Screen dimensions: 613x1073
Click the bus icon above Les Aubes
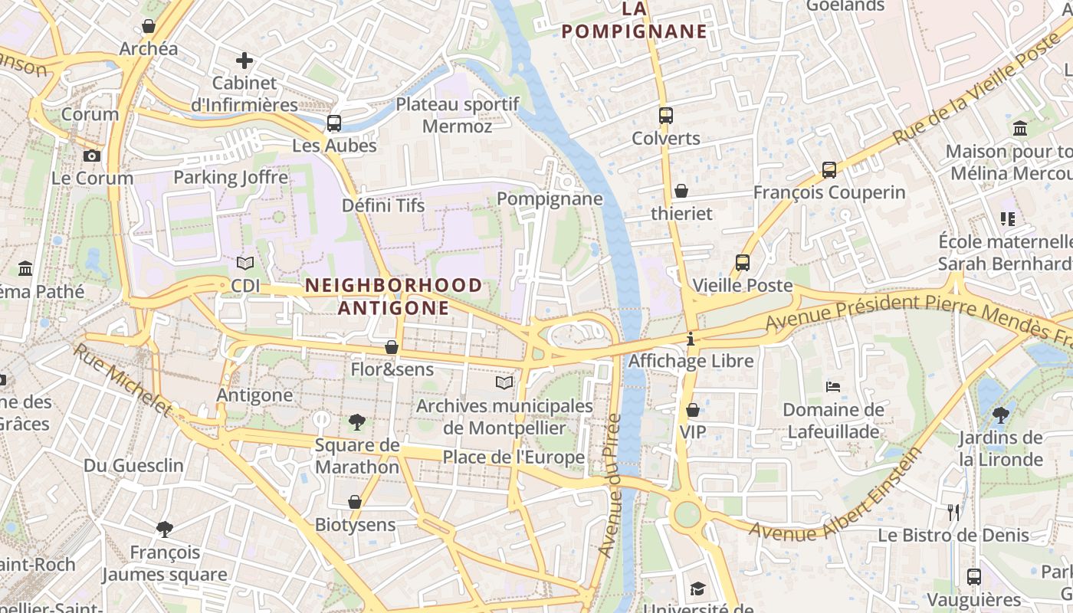pos(334,123)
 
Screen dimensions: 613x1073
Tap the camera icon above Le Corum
pos(92,156)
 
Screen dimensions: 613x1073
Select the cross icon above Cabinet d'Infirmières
pos(244,60)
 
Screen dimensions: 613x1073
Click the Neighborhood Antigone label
pos(394,297)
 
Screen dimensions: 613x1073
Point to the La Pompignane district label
pos(634,20)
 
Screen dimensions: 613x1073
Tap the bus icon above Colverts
pos(665,116)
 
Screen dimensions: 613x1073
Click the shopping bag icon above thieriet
pos(681,191)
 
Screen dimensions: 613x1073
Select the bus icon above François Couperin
pos(829,169)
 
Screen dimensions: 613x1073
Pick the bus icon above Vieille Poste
pos(742,263)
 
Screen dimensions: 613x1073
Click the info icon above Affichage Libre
pos(691,338)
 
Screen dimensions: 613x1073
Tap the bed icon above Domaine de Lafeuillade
pos(833,387)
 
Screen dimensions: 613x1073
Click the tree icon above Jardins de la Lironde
pos(1000,415)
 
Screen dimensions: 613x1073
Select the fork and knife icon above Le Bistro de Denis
pos(953,512)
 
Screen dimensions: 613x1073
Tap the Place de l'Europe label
pos(514,457)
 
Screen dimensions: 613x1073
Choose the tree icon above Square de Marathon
pos(356,421)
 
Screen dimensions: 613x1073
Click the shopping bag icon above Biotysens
pos(355,502)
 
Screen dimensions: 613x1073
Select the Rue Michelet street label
pos(123,379)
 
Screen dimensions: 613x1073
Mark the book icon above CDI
pos(245,263)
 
